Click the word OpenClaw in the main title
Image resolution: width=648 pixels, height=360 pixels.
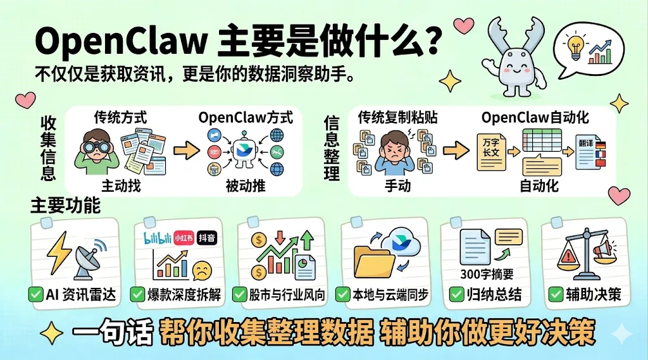point(121,43)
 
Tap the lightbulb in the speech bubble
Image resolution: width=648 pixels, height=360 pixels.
point(576,47)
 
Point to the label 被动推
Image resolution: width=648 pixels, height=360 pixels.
point(245,186)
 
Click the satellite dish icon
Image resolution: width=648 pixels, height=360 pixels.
point(89,261)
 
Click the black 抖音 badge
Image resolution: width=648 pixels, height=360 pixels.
point(207,237)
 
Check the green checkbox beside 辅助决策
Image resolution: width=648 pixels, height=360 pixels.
point(556,294)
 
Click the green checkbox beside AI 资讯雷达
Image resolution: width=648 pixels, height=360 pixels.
point(35,294)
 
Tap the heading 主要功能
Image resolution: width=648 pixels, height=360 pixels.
point(65,206)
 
